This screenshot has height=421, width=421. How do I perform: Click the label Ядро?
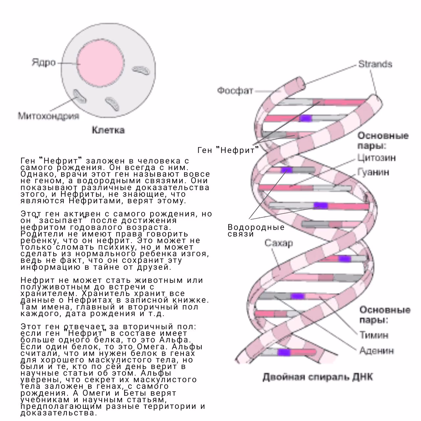tap(44, 62)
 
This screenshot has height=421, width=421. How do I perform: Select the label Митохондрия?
tap(48, 116)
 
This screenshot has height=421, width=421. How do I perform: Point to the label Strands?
tap(375, 64)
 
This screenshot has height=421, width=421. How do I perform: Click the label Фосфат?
tap(235, 90)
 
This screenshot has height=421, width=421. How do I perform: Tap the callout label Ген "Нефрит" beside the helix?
tap(228, 150)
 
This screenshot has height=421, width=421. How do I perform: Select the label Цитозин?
tap(376, 158)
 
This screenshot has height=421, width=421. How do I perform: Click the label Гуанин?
tap(373, 172)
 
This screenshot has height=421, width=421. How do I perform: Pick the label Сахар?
tap(279, 243)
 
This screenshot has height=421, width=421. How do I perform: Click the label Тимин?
tap(374, 335)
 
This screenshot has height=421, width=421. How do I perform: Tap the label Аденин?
tap(377, 350)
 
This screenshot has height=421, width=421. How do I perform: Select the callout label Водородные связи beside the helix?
tap(256, 230)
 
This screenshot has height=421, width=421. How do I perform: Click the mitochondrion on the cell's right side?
tap(141, 70)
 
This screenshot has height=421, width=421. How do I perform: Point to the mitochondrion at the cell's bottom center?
tap(112, 104)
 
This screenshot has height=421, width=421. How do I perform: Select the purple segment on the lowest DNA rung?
tap(284, 352)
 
